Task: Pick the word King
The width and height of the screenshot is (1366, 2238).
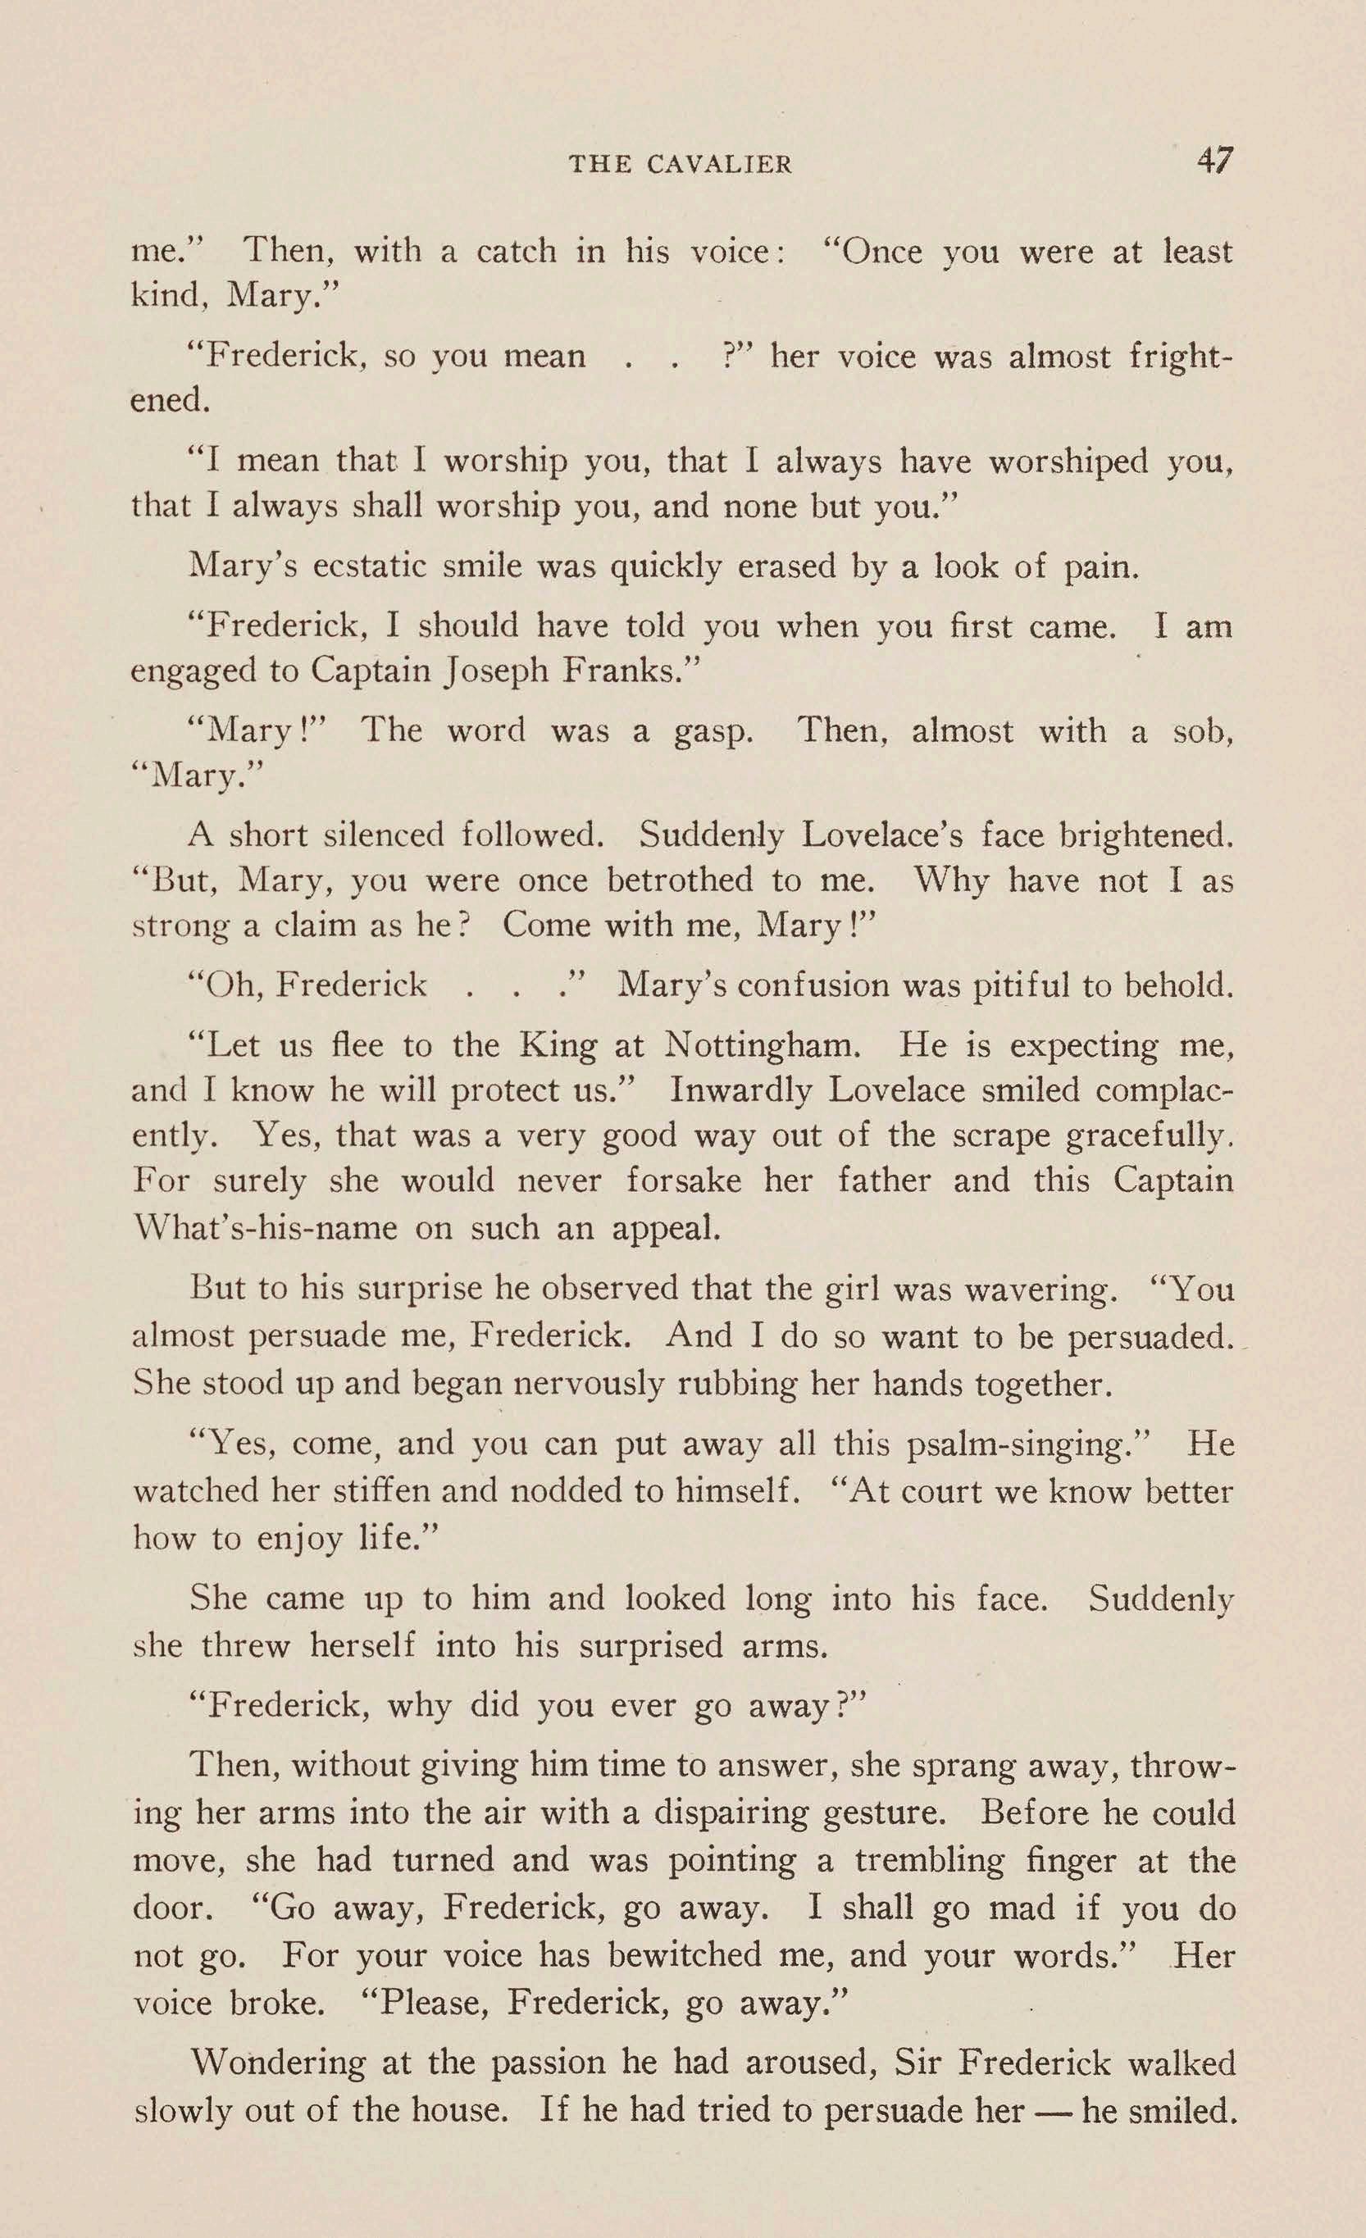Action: (558, 1045)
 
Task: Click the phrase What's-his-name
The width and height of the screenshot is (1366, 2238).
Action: (264, 1228)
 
